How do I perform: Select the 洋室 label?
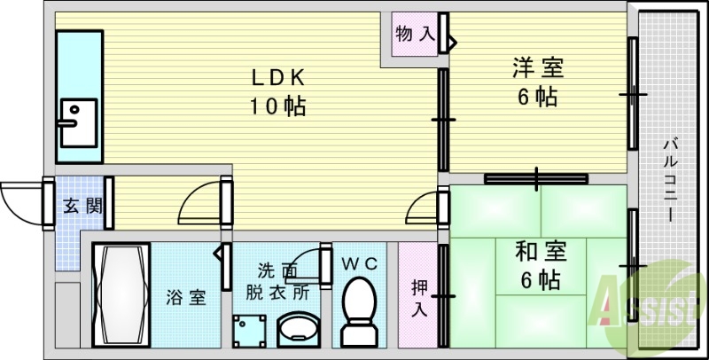[x=537, y=67]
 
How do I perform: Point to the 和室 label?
[x=538, y=252]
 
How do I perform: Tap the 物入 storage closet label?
[x=414, y=36]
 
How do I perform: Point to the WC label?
[x=358, y=263]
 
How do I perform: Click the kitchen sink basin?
[x=78, y=119]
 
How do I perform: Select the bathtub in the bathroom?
[x=121, y=293]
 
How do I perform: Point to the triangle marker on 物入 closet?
[x=452, y=41]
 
